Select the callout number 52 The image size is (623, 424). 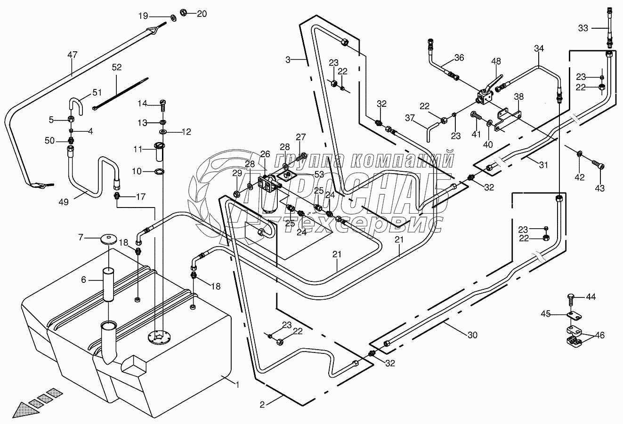(116, 67)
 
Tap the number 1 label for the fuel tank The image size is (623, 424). (238, 384)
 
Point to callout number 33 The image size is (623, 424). (583, 28)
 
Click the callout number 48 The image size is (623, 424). (496, 61)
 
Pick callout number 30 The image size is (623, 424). (472, 335)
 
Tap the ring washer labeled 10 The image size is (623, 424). (159, 171)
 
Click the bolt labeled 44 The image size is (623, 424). (570, 297)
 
